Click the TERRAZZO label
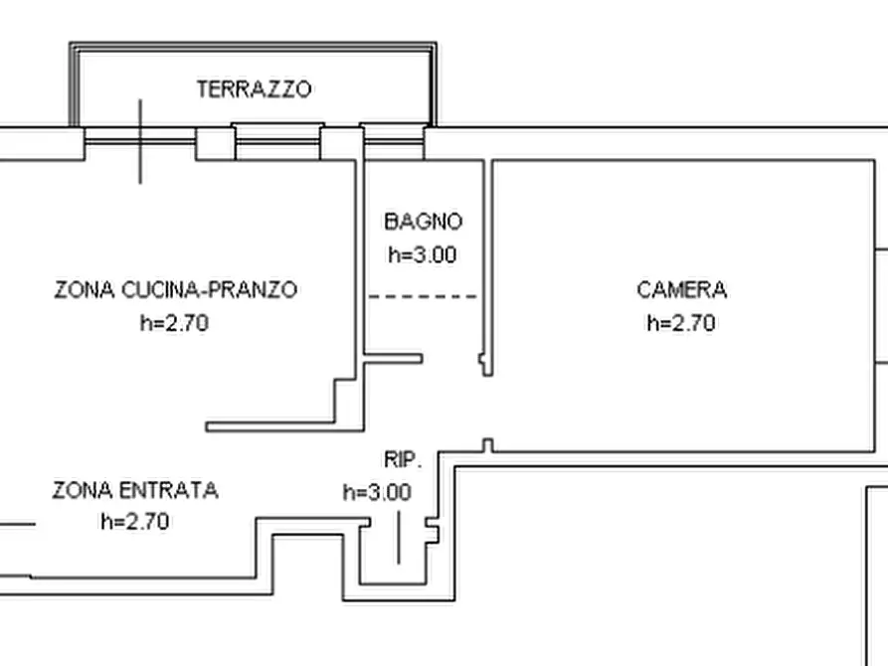coord(255,89)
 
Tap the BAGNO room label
coord(423,222)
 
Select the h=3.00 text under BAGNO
coord(422,254)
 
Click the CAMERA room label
coord(681,290)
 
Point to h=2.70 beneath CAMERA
coord(681,323)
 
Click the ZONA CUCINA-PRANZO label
coord(175,290)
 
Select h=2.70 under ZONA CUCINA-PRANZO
coord(175,323)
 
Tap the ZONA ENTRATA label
coord(134,490)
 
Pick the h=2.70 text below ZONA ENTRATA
coord(134,522)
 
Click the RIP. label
coord(403,460)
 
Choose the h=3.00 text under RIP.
coord(377,492)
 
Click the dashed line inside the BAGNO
coord(423,296)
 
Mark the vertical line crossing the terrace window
coord(140,141)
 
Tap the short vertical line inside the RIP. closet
coord(399,537)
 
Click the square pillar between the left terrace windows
coord(215,143)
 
